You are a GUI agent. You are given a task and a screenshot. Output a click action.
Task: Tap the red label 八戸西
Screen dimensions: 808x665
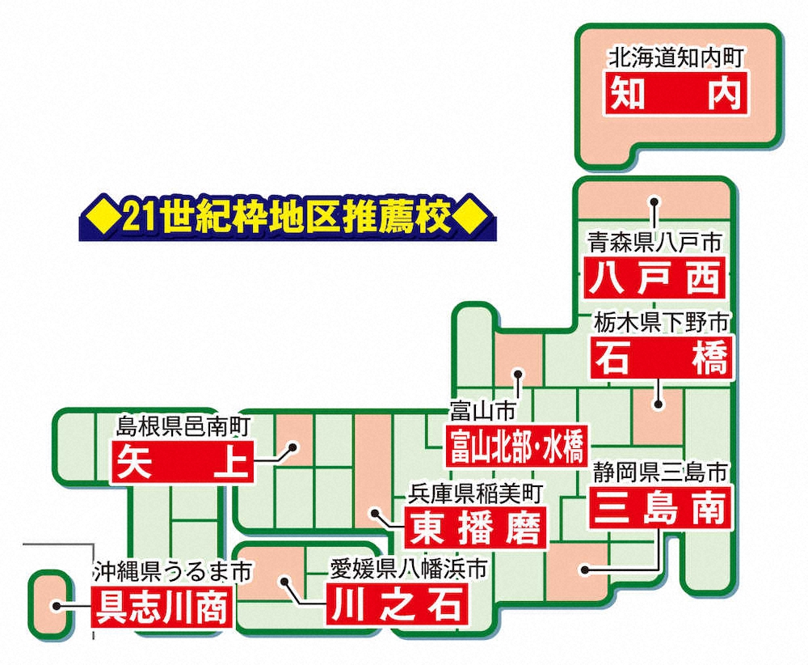point(655,277)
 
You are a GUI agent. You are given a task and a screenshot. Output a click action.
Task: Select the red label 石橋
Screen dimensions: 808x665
point(661,357)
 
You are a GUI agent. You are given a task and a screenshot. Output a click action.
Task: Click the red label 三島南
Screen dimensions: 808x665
point(661,507)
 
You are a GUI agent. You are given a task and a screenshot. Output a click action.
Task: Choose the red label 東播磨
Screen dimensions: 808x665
point(475,527)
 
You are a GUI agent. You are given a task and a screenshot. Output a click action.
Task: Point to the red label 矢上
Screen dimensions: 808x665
point(183,462)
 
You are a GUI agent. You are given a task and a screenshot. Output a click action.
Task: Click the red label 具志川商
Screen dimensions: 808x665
point(162,607)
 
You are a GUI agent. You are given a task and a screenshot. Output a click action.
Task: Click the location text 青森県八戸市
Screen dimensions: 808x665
point(655,243)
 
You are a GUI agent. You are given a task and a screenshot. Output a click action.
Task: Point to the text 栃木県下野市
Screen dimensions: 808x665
point(661,323)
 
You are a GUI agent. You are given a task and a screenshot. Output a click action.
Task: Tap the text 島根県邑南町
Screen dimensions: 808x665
point(183,426)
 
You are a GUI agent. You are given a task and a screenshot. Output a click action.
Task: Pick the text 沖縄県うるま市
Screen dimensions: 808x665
point(172,572)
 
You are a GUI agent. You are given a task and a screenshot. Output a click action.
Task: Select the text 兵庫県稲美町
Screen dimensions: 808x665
point(475,493)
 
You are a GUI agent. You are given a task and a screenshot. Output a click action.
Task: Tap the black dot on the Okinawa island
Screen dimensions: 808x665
point(57,606)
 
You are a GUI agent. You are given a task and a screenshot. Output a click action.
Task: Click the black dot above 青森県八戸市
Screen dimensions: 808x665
point(654,202)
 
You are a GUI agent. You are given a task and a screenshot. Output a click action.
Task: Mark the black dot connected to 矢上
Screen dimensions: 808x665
point(292,447)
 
